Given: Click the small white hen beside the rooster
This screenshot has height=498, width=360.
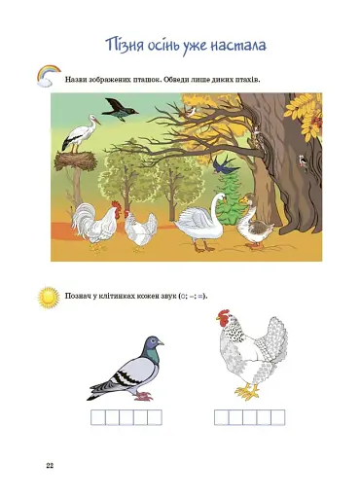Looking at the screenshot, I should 140,230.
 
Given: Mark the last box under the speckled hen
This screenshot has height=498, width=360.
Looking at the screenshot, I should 277,418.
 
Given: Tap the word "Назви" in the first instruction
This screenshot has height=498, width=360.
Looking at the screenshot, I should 78,77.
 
